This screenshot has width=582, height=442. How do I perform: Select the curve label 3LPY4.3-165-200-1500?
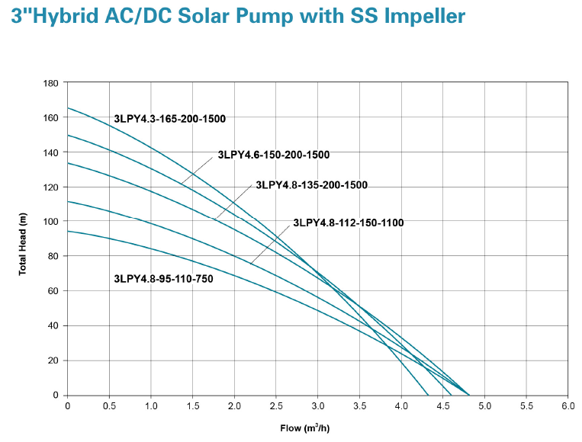170,119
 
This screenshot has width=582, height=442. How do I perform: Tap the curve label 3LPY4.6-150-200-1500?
274,155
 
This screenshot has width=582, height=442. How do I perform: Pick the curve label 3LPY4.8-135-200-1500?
312,185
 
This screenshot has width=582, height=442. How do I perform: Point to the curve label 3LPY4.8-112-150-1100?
349,223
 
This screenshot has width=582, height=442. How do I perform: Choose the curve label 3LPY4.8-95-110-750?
163,279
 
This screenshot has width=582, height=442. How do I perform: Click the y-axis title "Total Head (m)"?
23,239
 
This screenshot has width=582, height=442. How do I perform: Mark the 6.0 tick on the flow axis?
567,406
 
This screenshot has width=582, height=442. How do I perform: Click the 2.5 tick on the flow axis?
275,406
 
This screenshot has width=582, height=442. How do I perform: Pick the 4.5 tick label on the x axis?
442,406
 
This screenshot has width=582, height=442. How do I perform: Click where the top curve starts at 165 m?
68,108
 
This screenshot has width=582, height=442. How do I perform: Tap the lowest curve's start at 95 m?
68,231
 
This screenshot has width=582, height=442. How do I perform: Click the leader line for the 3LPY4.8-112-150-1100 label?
271,243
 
